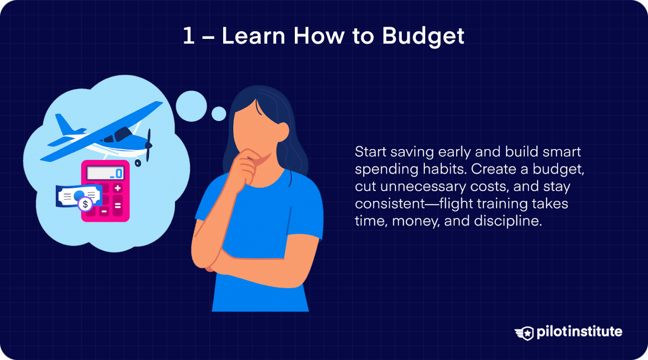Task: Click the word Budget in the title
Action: click(x=423, y=36)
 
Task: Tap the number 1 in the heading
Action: click(x=188, y=35)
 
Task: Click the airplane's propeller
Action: click(x=148, y=145)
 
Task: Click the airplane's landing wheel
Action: click(x=138, y=163)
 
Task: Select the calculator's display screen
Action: click(x=105, y=173)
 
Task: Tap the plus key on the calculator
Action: click(x=118, y=188)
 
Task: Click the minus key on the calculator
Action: click(x=104, y=211)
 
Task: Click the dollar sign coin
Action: click(x=85, y=204)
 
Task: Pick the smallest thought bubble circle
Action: click(x=219, y=114)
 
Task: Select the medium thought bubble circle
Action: click(x=191, y=106)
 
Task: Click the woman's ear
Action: click(x=283, y=132)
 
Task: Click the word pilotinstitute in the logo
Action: click(x=579, y=332)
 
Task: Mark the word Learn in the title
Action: click(x=254, y=36)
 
